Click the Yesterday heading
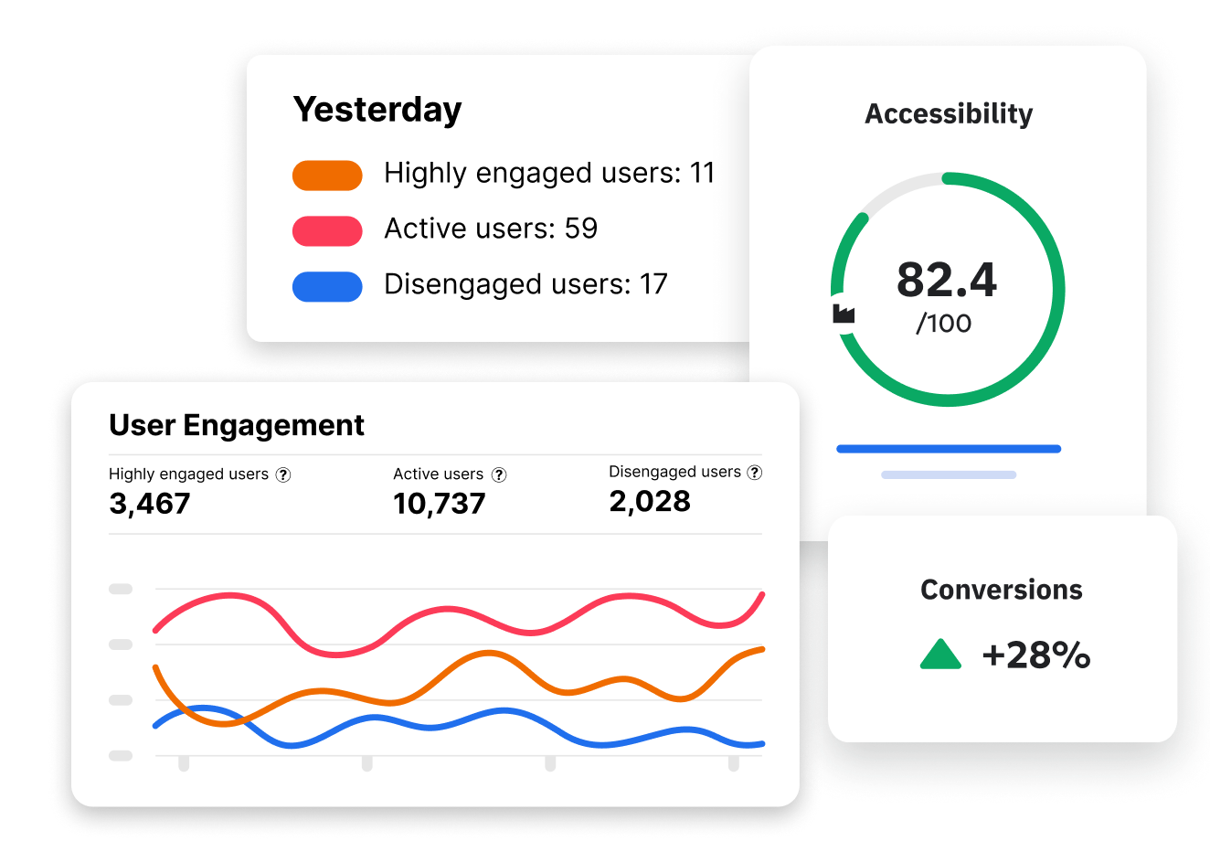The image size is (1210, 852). (x=377, y=110)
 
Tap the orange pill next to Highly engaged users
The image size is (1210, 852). (x=327, y=175)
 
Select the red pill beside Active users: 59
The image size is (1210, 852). (x=327, y=230)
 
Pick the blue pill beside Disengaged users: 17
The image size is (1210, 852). (x=327, y=286)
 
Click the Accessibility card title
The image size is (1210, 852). (x=949, y=114)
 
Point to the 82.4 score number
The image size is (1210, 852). (x=947, y=280)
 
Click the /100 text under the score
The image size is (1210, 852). (x=944, y=324)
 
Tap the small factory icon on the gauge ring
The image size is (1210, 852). (x=844, y=314)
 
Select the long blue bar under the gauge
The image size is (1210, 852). (x=949, y=449)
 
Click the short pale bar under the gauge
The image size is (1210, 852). (x=949, y=475)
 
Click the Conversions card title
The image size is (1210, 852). (x=1001, y=590)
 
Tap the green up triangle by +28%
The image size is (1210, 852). (x=940, y=655)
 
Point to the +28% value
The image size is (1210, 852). (x=1035, y=655)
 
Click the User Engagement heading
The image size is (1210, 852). (x=236, y=425)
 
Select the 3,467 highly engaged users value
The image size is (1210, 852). (x=150, y=504)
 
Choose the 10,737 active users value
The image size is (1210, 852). (x=440, y=504)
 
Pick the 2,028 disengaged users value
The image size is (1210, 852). (x=650, y=501)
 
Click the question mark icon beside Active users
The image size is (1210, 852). (x=499, y=474)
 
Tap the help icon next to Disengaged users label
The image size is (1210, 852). (x=755, y=473)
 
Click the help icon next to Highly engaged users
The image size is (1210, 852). (x=283, y=474)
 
